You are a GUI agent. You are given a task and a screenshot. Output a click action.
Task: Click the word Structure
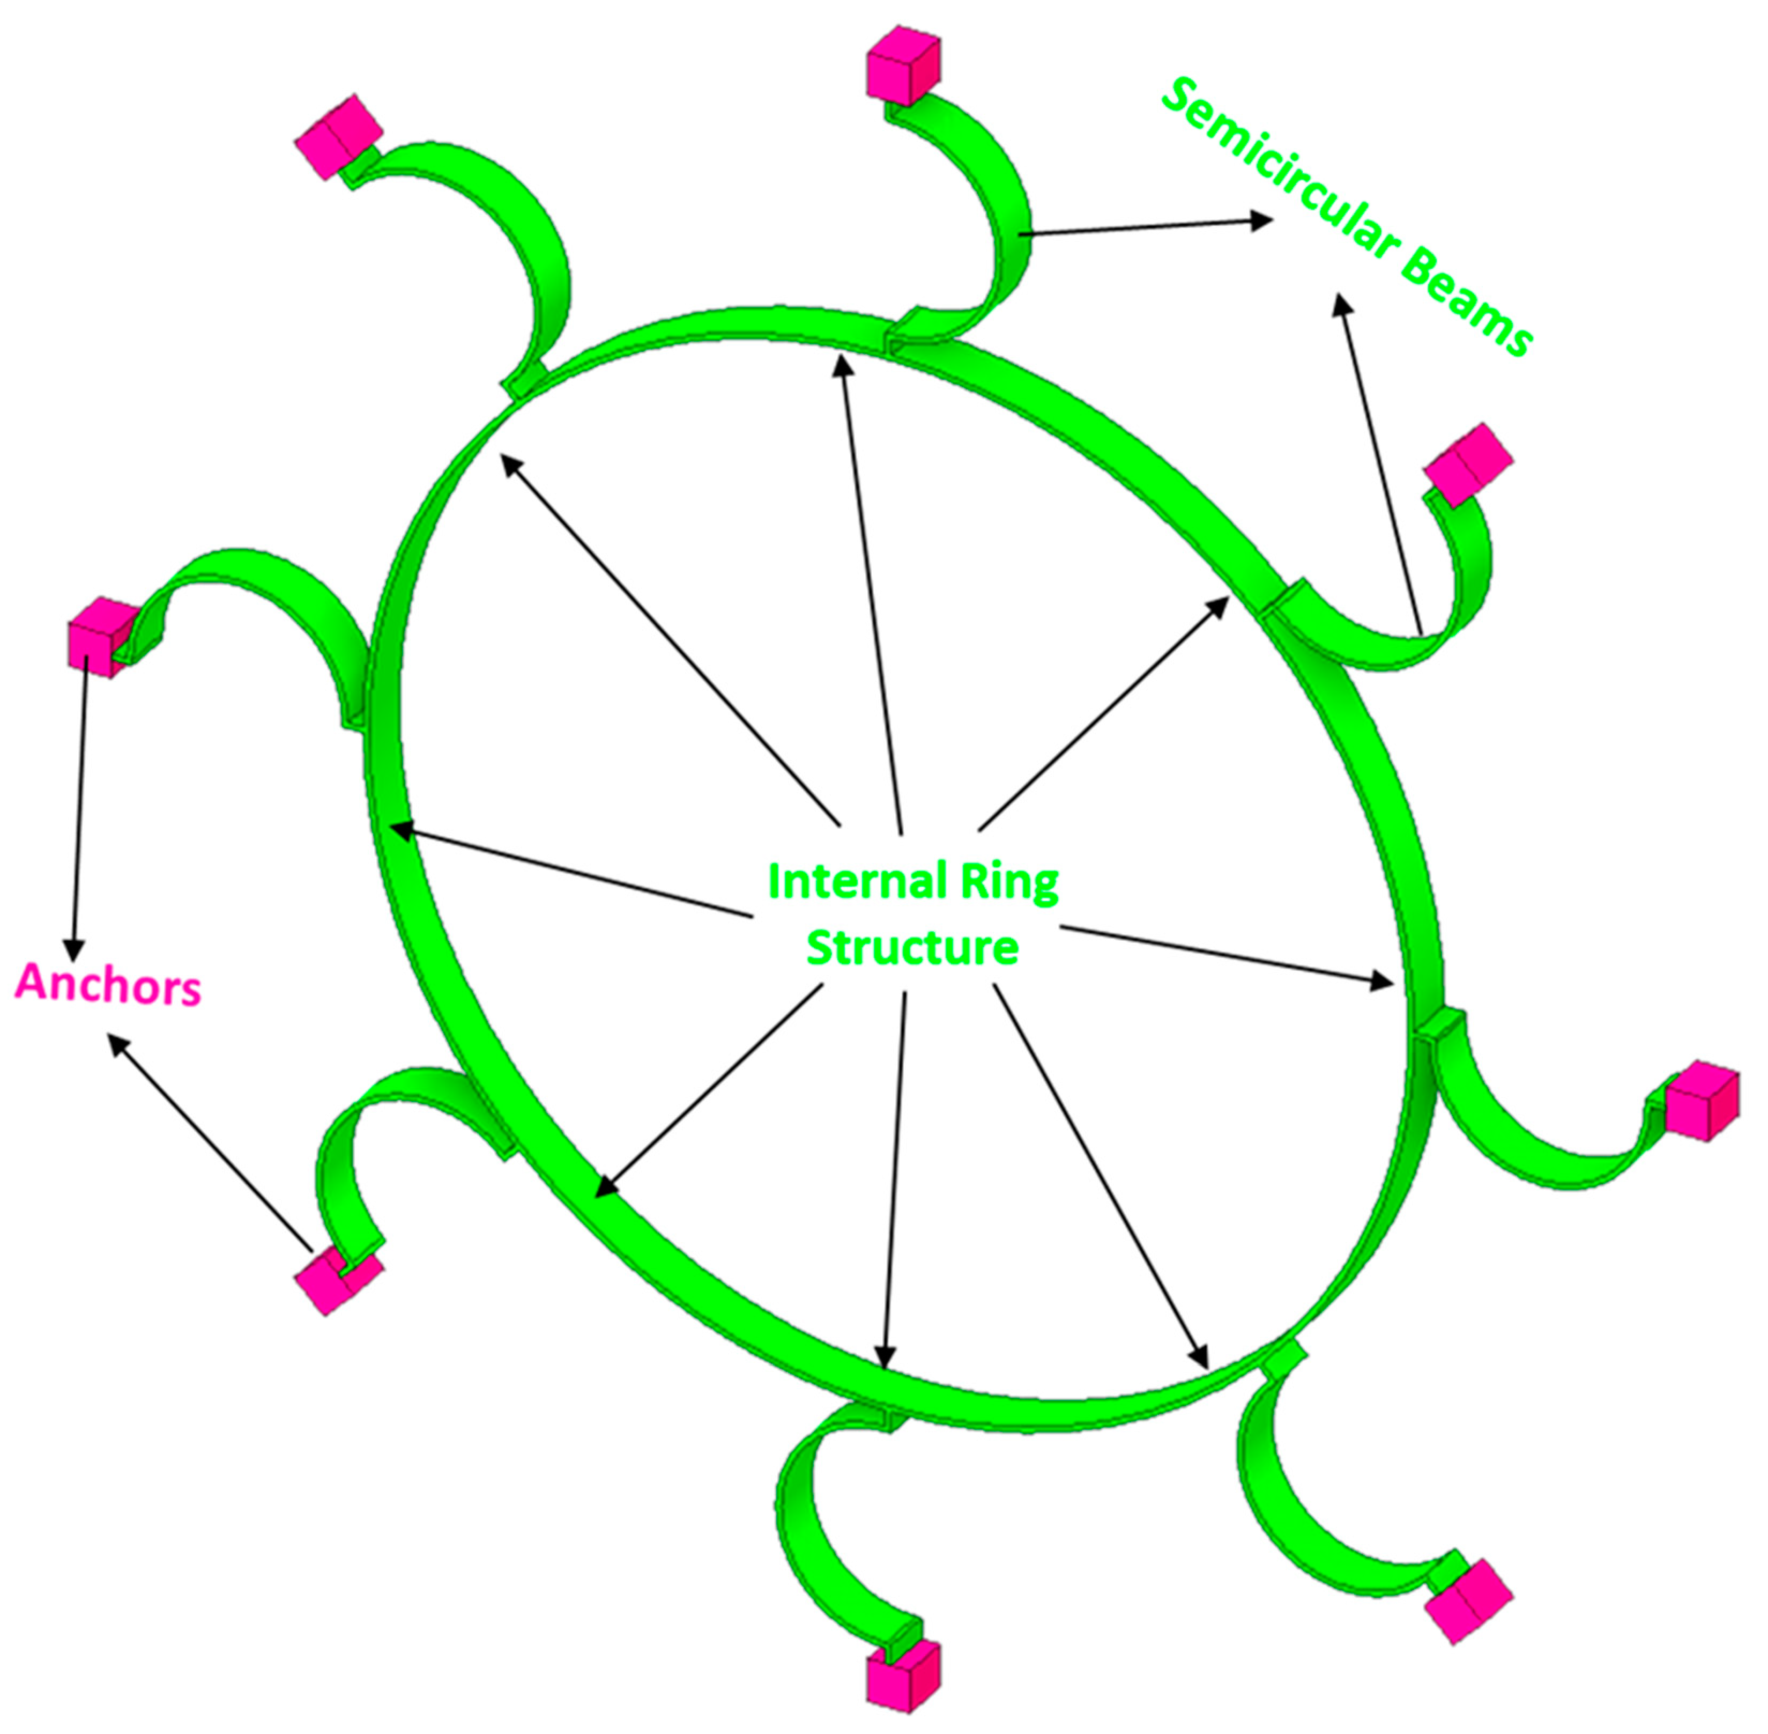click(x=912, y=948)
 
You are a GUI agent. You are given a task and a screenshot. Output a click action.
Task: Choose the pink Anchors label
click(x=107, y=985)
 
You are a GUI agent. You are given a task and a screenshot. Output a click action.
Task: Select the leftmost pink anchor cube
click(x=98, y=636)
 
